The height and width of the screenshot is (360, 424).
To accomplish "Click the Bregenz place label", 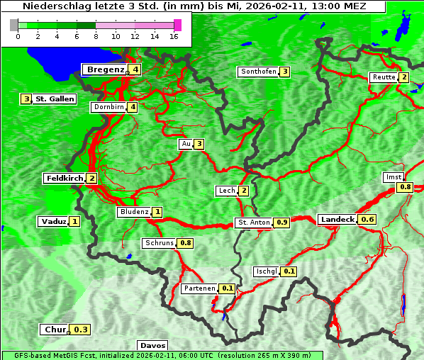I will click(x=105, y=69).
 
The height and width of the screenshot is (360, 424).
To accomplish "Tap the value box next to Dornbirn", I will click(x=133, y=108).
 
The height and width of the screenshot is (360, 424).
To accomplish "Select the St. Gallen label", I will click(x=55, y=99).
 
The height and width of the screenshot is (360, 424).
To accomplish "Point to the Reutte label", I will click(x=383, y=77).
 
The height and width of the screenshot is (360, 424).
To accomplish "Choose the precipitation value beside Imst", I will click(x=405, y=187).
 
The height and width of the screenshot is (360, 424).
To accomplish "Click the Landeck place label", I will click(x=337, y=220).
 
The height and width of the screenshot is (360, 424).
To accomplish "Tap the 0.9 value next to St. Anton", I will click(x=282, y=223).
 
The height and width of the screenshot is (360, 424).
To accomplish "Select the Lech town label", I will click(x=226, y=191).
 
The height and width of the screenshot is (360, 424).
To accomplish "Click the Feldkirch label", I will click(x=64, y=179).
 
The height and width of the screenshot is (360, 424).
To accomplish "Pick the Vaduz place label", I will click(x=53, y=222).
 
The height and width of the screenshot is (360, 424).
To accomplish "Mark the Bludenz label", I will click(x=134, y=212).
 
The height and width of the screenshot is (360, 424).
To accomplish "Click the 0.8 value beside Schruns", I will click(x=186, y=243).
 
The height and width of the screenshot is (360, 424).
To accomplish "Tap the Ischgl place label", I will click(x=266, y=271).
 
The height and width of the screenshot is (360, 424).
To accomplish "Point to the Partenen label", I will click(x=199, y=288).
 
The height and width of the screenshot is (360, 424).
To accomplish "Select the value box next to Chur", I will click(x=82, y=330).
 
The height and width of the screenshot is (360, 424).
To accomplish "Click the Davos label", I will click(x=152, y=345).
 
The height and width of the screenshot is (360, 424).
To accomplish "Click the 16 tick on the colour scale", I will click(x=174, y=36).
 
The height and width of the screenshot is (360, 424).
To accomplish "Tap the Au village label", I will click(x=186, y=145).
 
